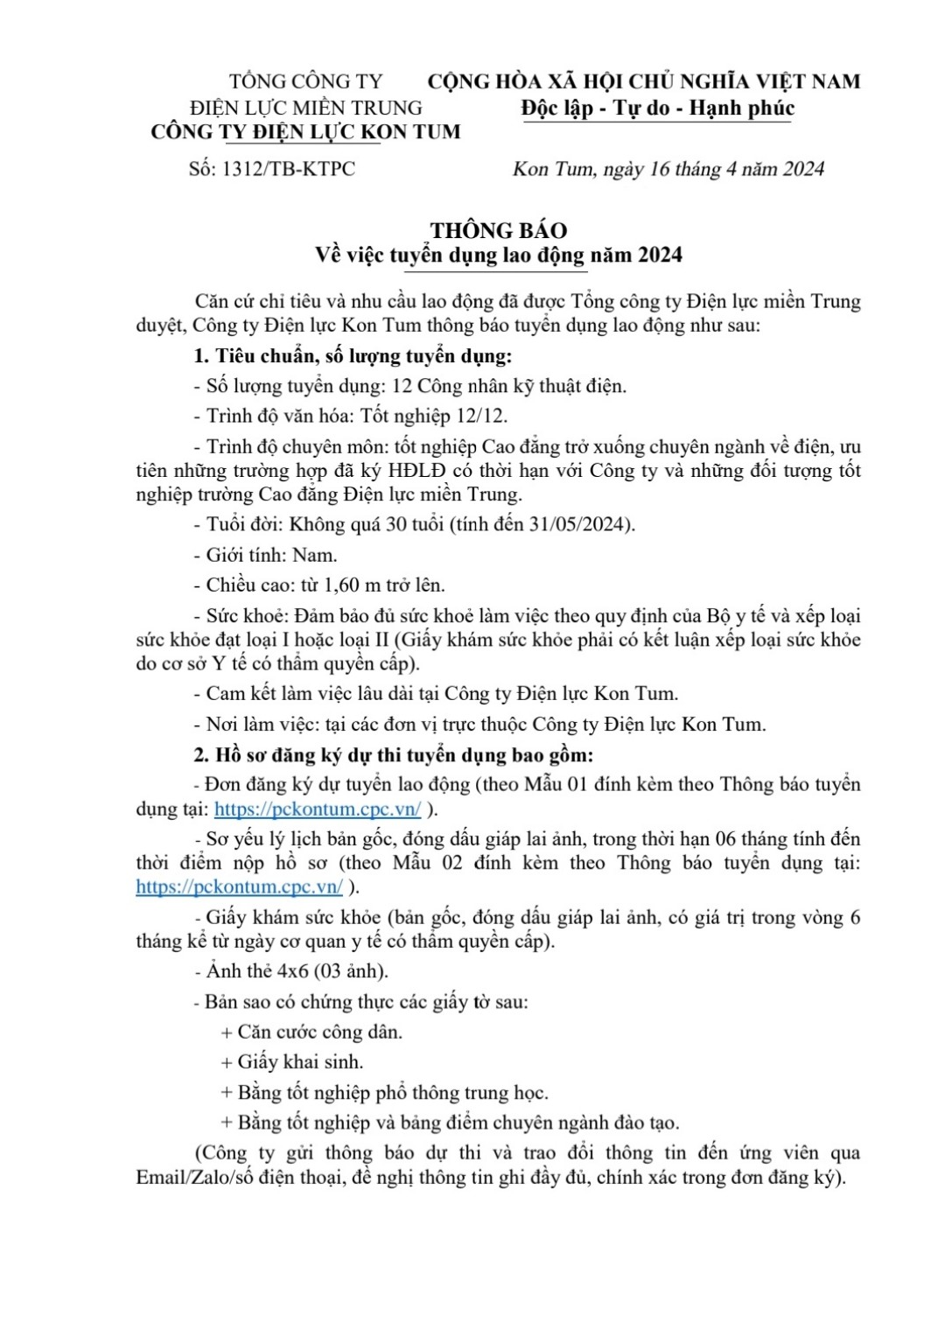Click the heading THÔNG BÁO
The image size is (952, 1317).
tap(498, 231)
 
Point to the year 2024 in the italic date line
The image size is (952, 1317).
tap(803, 169)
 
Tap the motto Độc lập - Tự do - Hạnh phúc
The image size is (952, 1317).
tap(657, 109)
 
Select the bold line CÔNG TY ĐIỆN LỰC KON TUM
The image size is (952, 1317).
tap(305, 132)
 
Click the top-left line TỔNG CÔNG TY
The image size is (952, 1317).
tap(305, 81)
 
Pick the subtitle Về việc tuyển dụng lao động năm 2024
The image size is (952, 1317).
tap(498, 256)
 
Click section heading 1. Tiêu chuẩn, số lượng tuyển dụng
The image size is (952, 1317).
tap(352, 356)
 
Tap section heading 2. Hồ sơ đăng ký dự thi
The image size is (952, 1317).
tap(393, 755)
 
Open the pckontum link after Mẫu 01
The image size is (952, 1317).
tap(318, 809)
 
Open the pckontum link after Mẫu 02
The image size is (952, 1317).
tap(239, 886)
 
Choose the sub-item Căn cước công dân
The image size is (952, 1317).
tap(318, 1033)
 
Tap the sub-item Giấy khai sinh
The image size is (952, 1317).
tap(299, 1062)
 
